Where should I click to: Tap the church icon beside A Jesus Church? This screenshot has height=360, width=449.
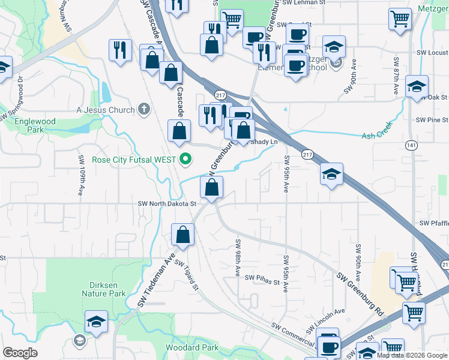[143, 109]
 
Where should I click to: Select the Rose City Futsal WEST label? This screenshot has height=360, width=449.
[134, 160]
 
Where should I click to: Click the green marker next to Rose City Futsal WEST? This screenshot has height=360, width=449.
[186, 160]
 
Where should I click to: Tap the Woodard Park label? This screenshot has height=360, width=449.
[193, 347]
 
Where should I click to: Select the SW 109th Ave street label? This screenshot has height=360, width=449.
[81, 175]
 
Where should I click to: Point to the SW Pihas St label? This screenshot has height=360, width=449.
[262, 278]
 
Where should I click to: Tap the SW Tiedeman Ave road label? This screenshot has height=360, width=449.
[155, 280]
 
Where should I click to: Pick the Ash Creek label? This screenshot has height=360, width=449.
[377, 136]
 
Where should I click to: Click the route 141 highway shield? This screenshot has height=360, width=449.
[411, 145]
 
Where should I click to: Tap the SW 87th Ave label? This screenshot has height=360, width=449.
[397, 77]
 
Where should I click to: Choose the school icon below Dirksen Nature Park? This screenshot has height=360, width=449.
[96, 323]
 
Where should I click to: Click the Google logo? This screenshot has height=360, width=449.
[20, 353]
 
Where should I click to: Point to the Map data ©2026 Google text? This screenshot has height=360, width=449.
[411, 355]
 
